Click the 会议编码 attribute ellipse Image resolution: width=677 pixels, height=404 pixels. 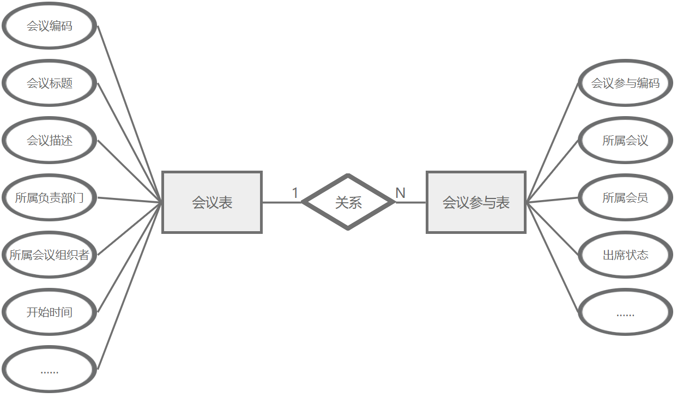(50, 26)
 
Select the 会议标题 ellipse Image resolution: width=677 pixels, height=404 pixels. (50, 83)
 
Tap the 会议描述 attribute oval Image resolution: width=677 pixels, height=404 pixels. (50, 141)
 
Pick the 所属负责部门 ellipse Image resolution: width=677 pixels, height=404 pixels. (50, 197)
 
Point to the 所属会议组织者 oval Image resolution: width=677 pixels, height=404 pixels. (50, 255)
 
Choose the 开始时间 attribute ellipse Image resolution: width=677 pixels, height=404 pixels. (50, 312)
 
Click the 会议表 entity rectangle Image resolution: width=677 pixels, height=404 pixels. (212, 202)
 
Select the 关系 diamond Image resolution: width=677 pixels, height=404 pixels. (348, 202)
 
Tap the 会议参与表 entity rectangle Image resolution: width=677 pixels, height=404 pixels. (476, 202)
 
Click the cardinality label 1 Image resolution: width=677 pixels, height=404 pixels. (295, 193)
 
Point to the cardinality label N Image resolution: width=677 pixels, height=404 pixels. (400, 193)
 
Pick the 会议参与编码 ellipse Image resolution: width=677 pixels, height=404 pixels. (625, 83)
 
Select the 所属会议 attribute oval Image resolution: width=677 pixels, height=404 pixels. (625, 141)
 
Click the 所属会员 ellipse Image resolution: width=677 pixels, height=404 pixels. (625, 197)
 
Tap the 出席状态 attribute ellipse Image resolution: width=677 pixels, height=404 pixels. (625, 255)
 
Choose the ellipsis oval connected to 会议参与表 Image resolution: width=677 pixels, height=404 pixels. (625, 312)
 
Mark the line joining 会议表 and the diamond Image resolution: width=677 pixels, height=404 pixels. (281, 202)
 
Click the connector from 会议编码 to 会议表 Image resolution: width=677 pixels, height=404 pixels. (130, 114)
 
